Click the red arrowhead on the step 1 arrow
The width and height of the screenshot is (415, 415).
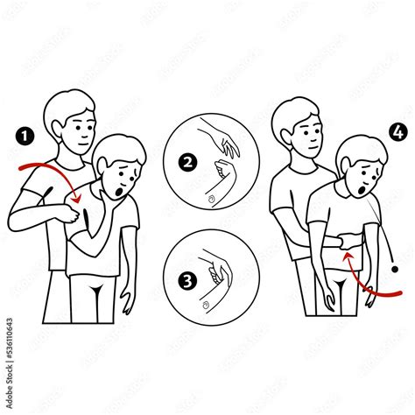coord(76,201)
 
